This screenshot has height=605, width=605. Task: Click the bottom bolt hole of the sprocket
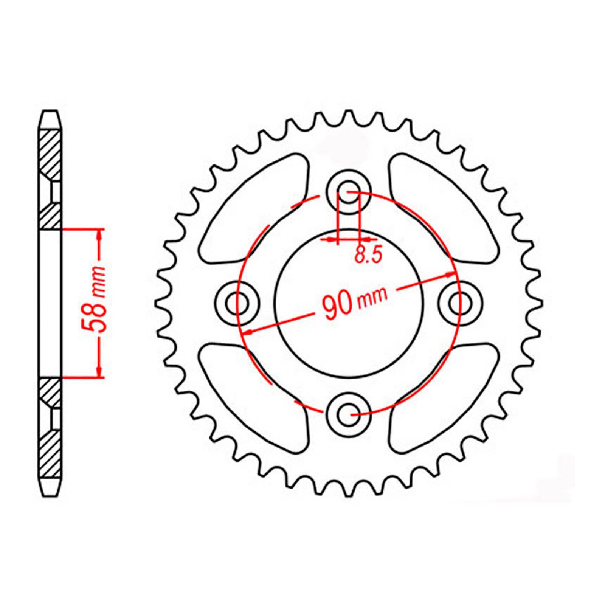(x=348, y=415)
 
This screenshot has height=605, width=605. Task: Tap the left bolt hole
(x=237, y=302)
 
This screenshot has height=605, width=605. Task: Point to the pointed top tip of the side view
(x=50, y=112)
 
